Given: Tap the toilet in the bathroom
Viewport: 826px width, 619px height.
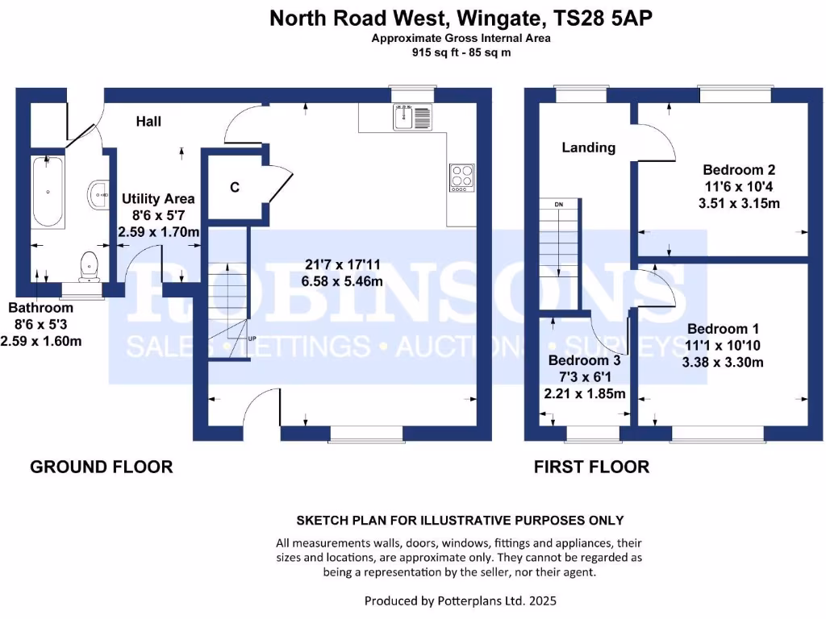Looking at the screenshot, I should pyautogui.click(x=89, y=264).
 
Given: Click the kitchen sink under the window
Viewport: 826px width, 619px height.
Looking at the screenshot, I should pyautogui.click(x=413, y=117).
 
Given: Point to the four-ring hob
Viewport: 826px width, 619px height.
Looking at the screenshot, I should pyautogui.click(x=461, y=177).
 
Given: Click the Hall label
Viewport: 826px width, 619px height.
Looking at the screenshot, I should pyautogui.click(x=148, y=122).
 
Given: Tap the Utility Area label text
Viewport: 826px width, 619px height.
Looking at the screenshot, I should pyautogui.click(x=158, y=198).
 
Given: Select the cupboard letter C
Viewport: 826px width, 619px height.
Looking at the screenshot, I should pyautogui.click(x=235, y=188).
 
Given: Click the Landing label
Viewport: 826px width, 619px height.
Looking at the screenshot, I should pyautogui.click(x=589, y=147).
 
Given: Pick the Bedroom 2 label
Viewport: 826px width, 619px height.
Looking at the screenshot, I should pyautogui.click(x=739, y=170).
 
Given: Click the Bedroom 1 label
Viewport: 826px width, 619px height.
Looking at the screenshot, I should pyautogui.click(x=723, y=329).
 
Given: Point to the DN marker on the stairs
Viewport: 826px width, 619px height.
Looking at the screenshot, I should pyautogui.click(x=558, y=205).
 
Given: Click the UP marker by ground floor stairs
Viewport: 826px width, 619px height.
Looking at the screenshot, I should pyautogui.click(x=252, y=339).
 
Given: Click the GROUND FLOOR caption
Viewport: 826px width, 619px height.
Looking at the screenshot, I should pyautogui.click(x=101, y=467).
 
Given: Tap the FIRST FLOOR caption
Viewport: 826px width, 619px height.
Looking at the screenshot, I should pyautogui.click(x=591, y=467).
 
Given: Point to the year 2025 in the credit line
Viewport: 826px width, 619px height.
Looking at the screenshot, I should pyautogui.click(x=542, y=600).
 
